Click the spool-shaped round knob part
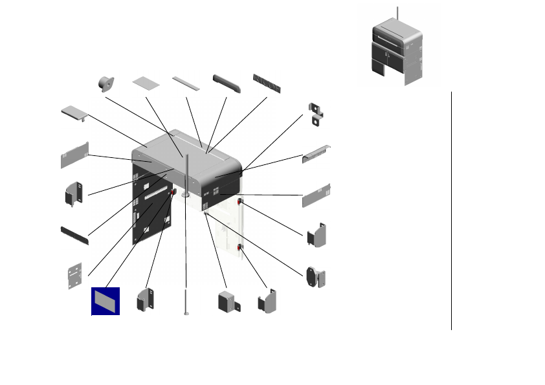[x=106, y=83]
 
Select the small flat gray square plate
[x=146, y=82]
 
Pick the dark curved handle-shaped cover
[x=227, y=83]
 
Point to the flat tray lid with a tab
[x=74, y=113]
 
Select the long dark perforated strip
[x=74, y=234]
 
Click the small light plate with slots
[x=75, y=276]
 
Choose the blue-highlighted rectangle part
[x=105, y=300]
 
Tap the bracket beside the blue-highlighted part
[x=145, y=300]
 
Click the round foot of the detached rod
[x=186, y=313]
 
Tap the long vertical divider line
[x=451, y=210]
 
